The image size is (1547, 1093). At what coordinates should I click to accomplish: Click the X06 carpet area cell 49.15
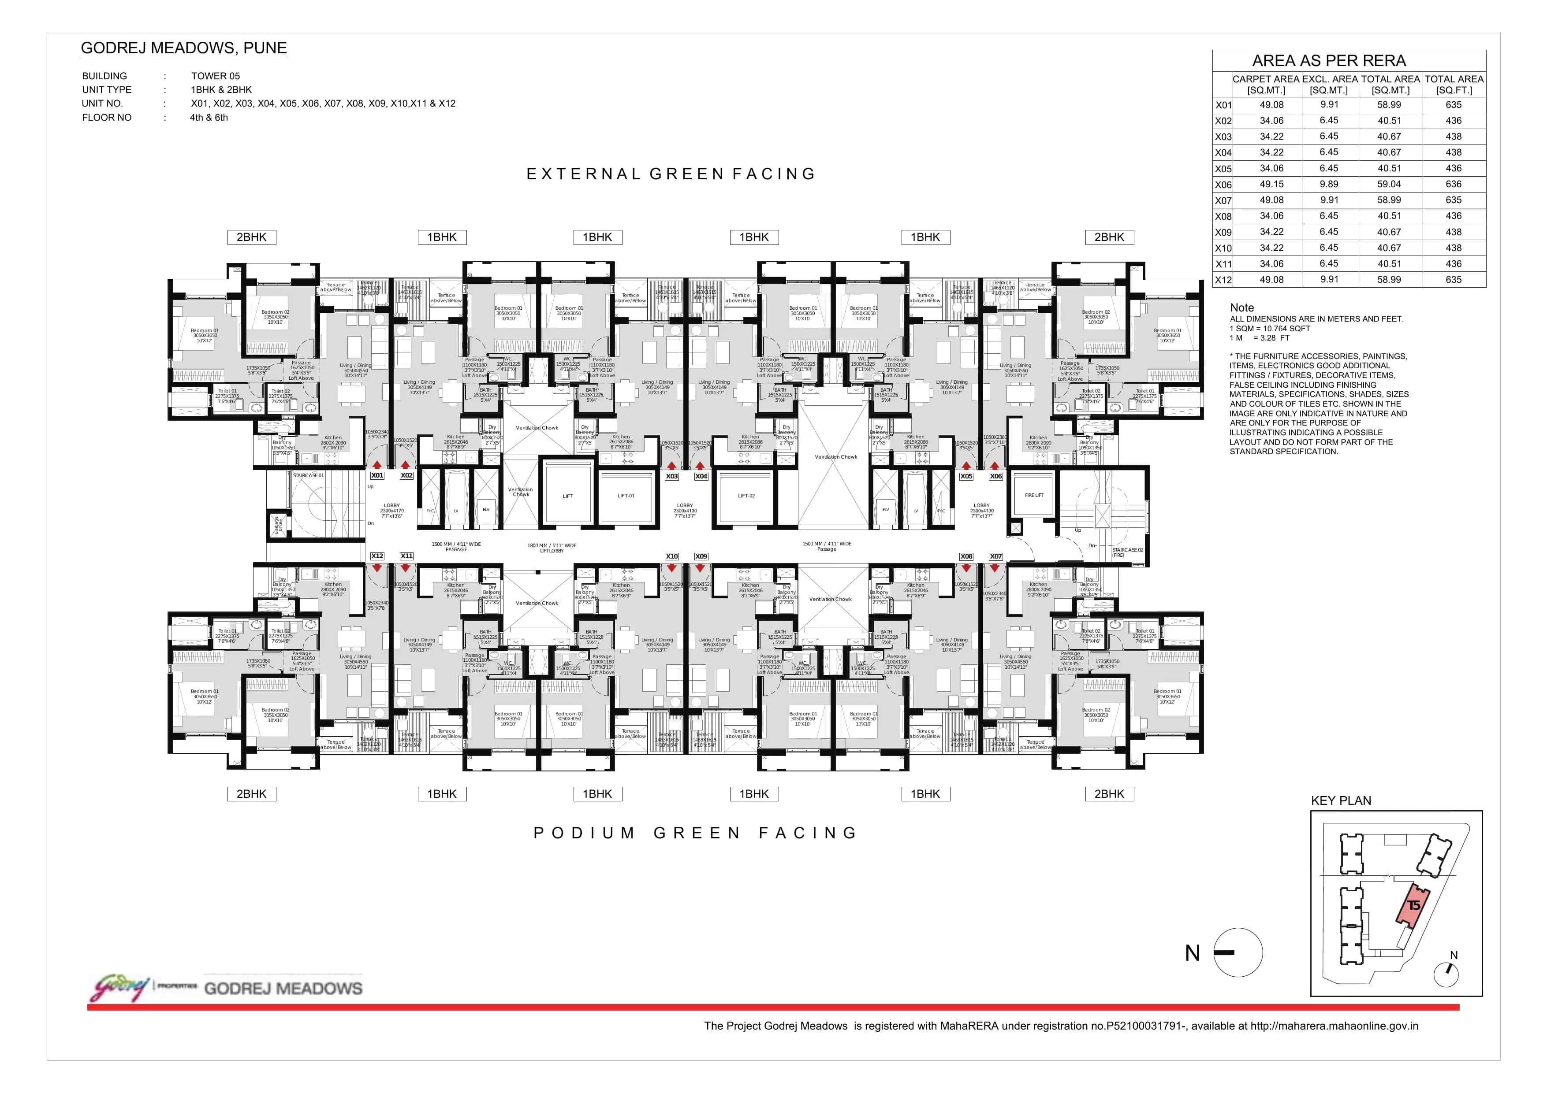[x=1271, y=184]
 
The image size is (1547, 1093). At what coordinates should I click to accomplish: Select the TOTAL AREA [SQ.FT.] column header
[x=1454, y=84]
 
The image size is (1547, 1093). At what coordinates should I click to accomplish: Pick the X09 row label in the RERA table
[x=1223, y=232]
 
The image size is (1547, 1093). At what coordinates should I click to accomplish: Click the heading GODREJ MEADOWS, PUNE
[x=183, y=48]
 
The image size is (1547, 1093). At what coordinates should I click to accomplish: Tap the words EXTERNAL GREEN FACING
[x=671, y=174]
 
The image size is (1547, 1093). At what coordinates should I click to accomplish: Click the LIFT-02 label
[x=746, y=496]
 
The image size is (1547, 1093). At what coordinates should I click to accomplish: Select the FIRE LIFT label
[x=1033, y=495]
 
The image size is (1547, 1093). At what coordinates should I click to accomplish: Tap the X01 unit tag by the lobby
[x=377, y=475]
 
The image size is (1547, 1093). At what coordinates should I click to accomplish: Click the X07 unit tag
[x=995, y=556]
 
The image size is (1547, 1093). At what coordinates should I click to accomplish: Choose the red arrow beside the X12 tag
[x=377, y=568]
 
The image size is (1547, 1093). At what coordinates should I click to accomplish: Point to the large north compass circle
[x=1238, y=952]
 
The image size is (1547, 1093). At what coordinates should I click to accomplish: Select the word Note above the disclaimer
[x=1242, y=307]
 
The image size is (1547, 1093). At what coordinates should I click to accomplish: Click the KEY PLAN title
[x=1340, y=801]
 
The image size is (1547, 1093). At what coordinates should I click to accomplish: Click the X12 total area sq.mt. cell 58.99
[x=1389, y=279]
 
